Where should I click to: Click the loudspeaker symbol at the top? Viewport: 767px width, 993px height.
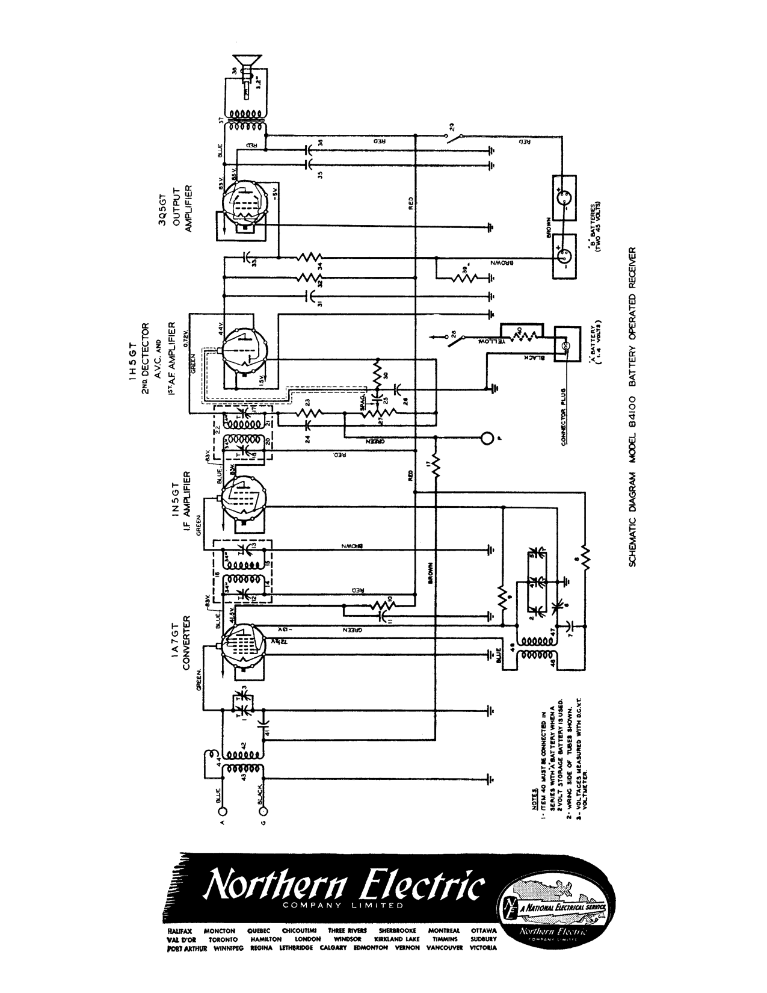[x=247, y=63]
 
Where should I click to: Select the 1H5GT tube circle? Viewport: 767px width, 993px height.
[x=244, y=348]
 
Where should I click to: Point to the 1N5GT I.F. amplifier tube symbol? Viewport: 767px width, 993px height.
[x=244, y=498]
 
